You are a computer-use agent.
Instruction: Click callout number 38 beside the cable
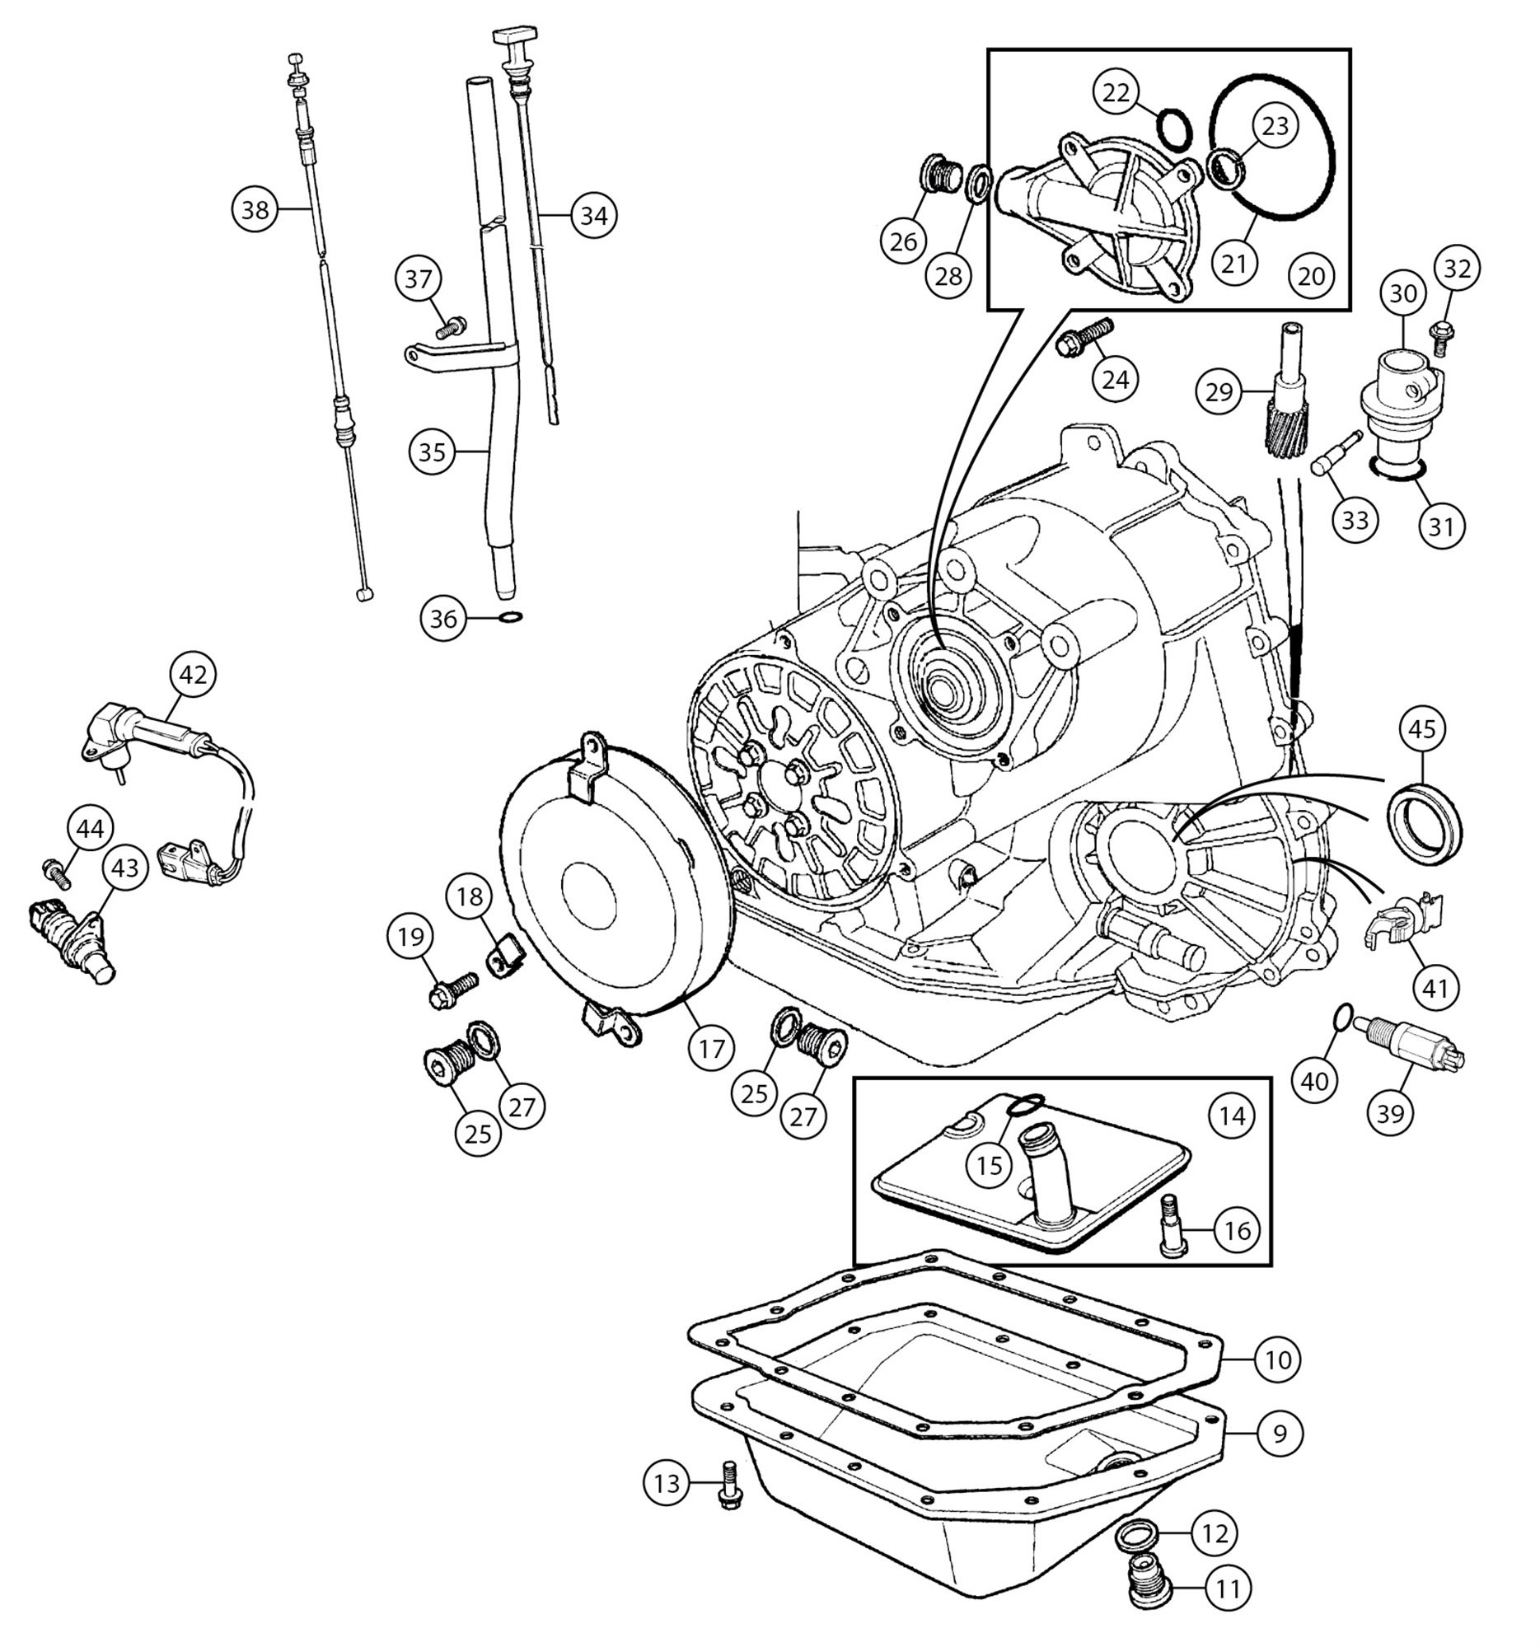point(255,209)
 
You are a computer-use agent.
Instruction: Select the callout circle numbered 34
point(594,215)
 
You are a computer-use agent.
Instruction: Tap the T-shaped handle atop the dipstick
point(511,37)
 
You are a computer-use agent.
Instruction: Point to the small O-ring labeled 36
point(512,617)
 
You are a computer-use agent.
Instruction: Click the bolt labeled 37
point(452,327)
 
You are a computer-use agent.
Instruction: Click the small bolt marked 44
point(54,872)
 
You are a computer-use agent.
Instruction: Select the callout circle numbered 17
point(711,1049)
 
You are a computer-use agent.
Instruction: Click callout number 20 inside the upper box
point(1312,276)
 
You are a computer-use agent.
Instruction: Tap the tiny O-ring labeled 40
point(1344,1015)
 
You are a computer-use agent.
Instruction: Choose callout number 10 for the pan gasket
point(1277,1359)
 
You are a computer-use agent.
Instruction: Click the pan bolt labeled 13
point(729,1486)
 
